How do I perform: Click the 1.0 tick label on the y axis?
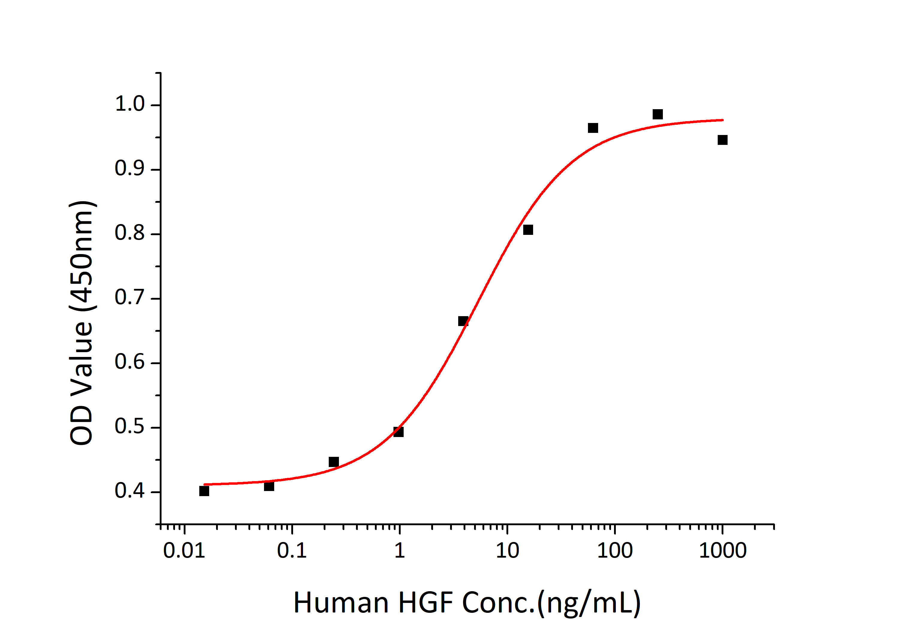[x=129, y=104]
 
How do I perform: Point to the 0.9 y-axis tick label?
[x=129, y=169]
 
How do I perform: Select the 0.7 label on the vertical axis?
[x=129, y=298]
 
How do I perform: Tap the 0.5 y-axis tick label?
[x=129, y=427]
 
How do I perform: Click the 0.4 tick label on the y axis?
[x=129, y=491]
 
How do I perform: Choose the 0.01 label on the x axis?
[x=184, y=551]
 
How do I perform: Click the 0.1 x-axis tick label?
[x=292, y=551]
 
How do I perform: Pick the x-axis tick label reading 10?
[x=507, y=551]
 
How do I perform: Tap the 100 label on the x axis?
[x=614, y=551]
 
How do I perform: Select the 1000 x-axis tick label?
[x=722, y=551]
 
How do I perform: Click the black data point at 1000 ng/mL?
[x=722, y=140]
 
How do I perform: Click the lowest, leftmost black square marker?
[x=204, y=491]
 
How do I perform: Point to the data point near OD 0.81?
[x=528, y=230]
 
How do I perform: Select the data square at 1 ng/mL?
[x=398, y=432]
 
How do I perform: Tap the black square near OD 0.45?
[x=334, y=462]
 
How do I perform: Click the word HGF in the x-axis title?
[x=425, y=603]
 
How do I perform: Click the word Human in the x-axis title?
[x=341, y=603]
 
